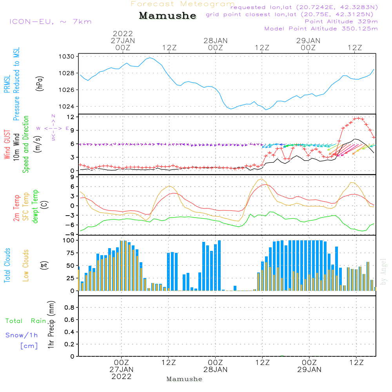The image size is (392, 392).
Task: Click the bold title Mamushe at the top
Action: click(167, 16)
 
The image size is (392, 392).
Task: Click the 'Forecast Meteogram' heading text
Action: click(183, 4)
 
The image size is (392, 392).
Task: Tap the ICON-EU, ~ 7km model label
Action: click(50, 21)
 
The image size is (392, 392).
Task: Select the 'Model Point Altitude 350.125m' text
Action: click(321, 29)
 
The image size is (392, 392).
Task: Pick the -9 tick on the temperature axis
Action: click(72, 234)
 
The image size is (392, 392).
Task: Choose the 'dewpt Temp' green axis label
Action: click(35, 207)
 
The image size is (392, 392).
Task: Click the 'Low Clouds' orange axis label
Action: click(26, 265)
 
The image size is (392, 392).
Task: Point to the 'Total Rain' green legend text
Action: click(26, 321)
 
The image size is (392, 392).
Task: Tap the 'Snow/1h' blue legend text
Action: click(22, 335)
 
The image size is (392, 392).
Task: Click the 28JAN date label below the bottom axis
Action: click(215, 370)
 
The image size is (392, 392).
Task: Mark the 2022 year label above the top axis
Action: click(123, 34)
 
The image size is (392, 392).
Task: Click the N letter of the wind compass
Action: click(53, 116)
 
